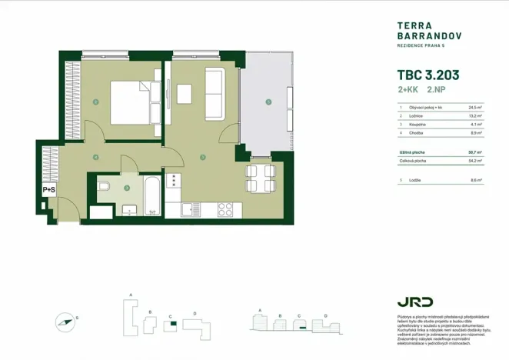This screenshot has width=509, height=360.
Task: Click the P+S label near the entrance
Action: (48, 189)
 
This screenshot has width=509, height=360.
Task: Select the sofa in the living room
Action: (214, 94)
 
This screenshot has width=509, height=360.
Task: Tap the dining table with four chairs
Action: (257, 178)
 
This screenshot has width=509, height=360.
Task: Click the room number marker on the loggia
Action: (268, 102)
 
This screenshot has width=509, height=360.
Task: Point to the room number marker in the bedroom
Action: (95, 102)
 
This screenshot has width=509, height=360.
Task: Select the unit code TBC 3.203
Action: (427, 76)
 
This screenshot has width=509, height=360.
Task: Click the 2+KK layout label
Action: (408, 91)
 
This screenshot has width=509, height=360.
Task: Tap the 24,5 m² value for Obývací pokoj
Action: (474, 108)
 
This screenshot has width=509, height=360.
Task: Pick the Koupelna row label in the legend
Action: (418, 124)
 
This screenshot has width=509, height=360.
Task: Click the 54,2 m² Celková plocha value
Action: (474, 161)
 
